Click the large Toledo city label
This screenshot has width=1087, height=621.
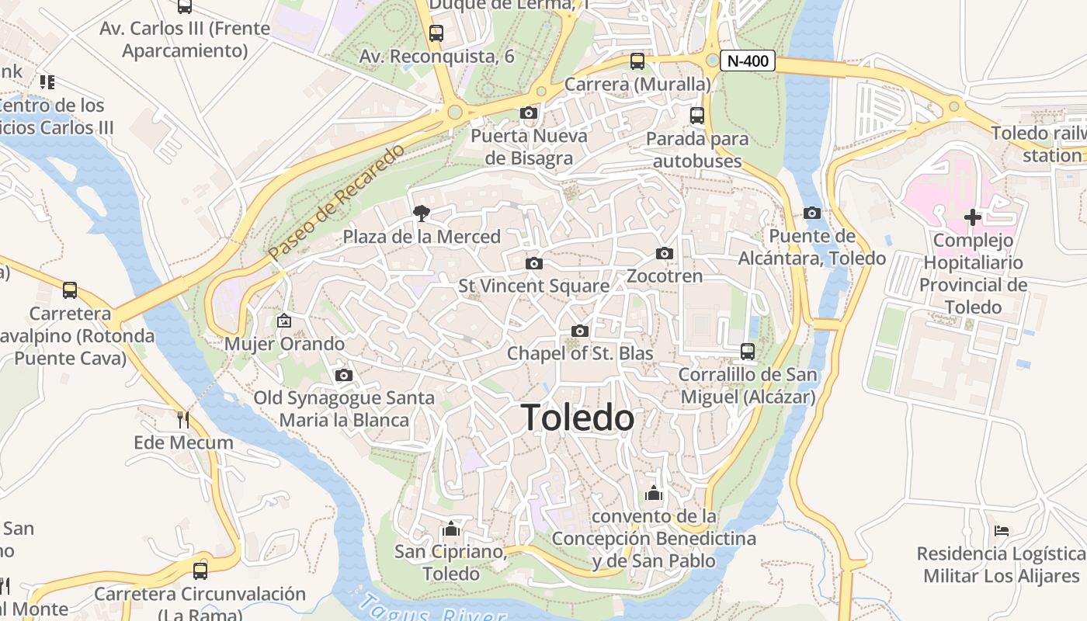pyautogui.click(x=578, y=418)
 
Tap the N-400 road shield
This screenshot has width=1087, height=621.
pyautogui.click(x=747, y=61)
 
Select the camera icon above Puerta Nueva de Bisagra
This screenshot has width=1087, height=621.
pyautogui.click(x=529, y=113)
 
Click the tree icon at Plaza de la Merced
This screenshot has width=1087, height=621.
pyautogui.click(x=422, y=212)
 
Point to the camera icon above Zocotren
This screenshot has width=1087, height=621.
pyautogui.click(x=664, y=253)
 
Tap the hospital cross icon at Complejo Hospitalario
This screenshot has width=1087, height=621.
pyautogui.click(x=972, y=217)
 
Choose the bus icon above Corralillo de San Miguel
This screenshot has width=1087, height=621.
pyautogui.click(x=747, y=352)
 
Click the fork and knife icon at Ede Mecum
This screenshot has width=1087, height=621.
pyautogui.click(x=183, y=420)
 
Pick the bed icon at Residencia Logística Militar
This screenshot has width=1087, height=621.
pyautogui.click(x=1002, y=531)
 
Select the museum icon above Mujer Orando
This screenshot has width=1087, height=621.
pyautogui.click(x=284, y=320)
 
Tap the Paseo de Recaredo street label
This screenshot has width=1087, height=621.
pyautogui.click(x=337, y=202)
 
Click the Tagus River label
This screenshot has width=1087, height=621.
pyautogui.click(x=431, y=609)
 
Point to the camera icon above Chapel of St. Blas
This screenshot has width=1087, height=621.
pyautogui.click(x=579, y=331)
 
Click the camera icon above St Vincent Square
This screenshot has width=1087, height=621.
pyautogui.click(x=533, y=264)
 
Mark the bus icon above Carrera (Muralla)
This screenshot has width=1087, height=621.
pyautogui.click(x=637, y=61)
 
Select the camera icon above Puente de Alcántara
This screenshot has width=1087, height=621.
pyautogui.click(x=812, y=213)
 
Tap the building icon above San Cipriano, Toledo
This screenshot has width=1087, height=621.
pyautogui.click(x=450, y=529)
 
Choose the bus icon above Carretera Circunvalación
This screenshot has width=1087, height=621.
pyautogui.click(x=200, y=571)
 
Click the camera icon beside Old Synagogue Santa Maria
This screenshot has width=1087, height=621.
pyautogui.click(x=344, y=376)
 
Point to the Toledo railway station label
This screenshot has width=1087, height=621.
pyautogui.click(x=1040, y=144)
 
